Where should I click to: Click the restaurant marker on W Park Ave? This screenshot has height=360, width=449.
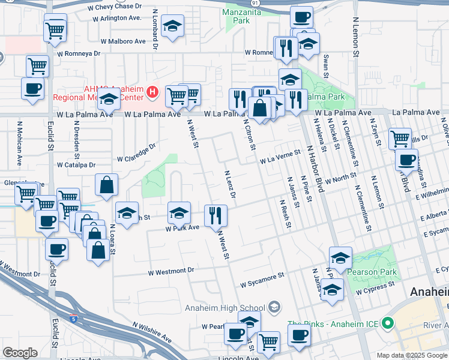point(215,215)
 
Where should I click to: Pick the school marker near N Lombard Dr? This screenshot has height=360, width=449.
point(172,27)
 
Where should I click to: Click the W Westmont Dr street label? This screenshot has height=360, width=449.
point(172,271)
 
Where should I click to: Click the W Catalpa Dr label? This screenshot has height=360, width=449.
point(76,164)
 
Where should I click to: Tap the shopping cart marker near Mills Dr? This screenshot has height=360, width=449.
point(400,139)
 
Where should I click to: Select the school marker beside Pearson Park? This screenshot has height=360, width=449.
point(340,258)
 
